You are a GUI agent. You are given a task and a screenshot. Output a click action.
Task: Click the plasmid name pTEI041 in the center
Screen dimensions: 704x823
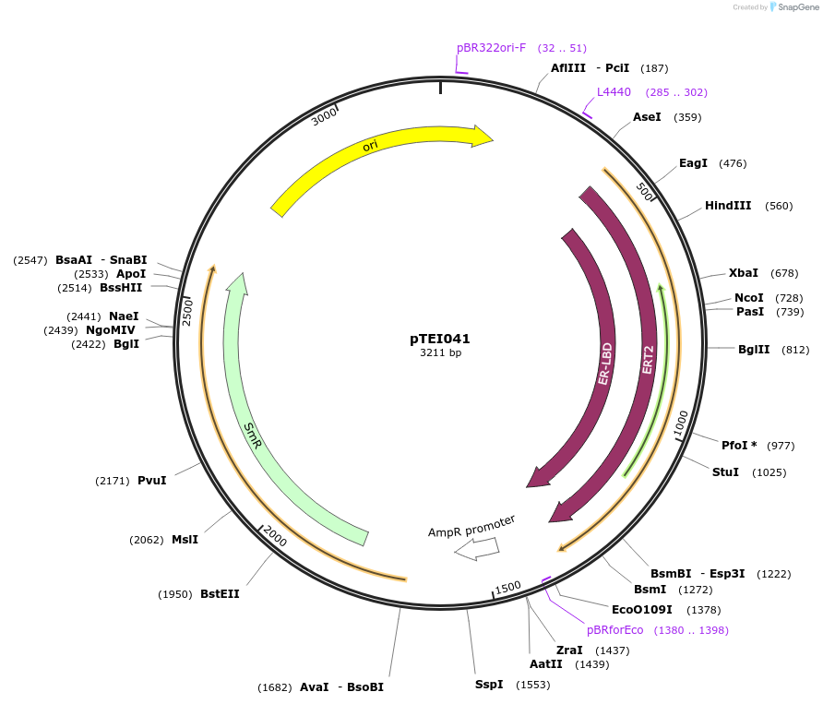tap(440, 339)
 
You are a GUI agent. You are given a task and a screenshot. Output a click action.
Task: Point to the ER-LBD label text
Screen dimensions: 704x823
tap(605, 364)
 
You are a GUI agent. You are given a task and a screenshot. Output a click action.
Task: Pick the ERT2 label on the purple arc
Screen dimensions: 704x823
tap(649, 359)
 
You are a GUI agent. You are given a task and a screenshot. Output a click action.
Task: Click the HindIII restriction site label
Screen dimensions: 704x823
tap(728, 206)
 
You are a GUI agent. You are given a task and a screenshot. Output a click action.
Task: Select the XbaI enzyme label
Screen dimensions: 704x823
tap(743, 273)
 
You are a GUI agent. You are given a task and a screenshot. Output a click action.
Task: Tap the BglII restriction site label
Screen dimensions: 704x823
tap(754, 350)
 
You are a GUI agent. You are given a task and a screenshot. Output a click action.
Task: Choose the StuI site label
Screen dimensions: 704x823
tap(725, 472)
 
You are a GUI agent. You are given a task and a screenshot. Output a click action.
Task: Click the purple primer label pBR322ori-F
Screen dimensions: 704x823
tap(491, 48)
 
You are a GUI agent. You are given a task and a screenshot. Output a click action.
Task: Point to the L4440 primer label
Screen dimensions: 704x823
tap(614, 92)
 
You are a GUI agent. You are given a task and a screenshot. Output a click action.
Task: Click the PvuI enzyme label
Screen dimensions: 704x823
tap(152, 481)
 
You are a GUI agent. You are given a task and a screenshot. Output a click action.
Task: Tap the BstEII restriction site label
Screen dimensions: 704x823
tap(220, 594)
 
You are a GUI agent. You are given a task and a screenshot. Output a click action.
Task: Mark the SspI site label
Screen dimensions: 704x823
tap(489, 685)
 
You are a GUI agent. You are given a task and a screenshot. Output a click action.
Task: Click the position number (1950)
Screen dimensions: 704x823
tap(174, 594)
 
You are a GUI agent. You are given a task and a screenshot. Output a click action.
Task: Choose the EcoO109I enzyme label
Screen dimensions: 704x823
tap(642, 610)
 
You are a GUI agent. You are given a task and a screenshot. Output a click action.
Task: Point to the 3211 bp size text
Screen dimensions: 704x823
tap(440, 353)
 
